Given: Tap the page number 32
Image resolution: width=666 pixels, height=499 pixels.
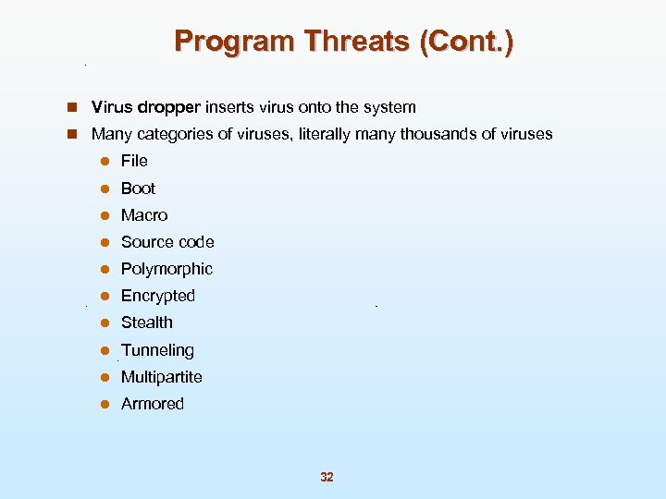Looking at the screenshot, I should (x=327, y=477).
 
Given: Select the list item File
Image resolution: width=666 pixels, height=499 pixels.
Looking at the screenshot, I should (x=134, y=161).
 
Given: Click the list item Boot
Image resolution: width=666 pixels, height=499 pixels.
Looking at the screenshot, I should (x=138, y=188).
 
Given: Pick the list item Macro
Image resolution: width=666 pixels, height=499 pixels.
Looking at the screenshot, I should (x=144, y=215).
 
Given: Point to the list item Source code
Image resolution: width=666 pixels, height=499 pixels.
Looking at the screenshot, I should (x=167, y=242).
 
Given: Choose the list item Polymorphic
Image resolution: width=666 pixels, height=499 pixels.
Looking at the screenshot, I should (x=166, y=269).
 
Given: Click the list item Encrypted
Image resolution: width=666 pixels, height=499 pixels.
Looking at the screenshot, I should (x=158, y=296).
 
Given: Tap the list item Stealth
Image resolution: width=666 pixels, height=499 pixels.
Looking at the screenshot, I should (x=147, y=323).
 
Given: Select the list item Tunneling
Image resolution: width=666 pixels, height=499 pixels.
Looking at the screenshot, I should (x=157, y=350).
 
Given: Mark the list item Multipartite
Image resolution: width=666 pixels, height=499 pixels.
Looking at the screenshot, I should (x=162, y=377).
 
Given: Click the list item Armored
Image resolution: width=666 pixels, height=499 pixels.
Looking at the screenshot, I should (x=153, y=404).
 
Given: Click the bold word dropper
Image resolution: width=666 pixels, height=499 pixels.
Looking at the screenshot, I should (x=170, y=108).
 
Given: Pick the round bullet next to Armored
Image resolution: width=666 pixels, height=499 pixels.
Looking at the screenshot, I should (x=105, y=404).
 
